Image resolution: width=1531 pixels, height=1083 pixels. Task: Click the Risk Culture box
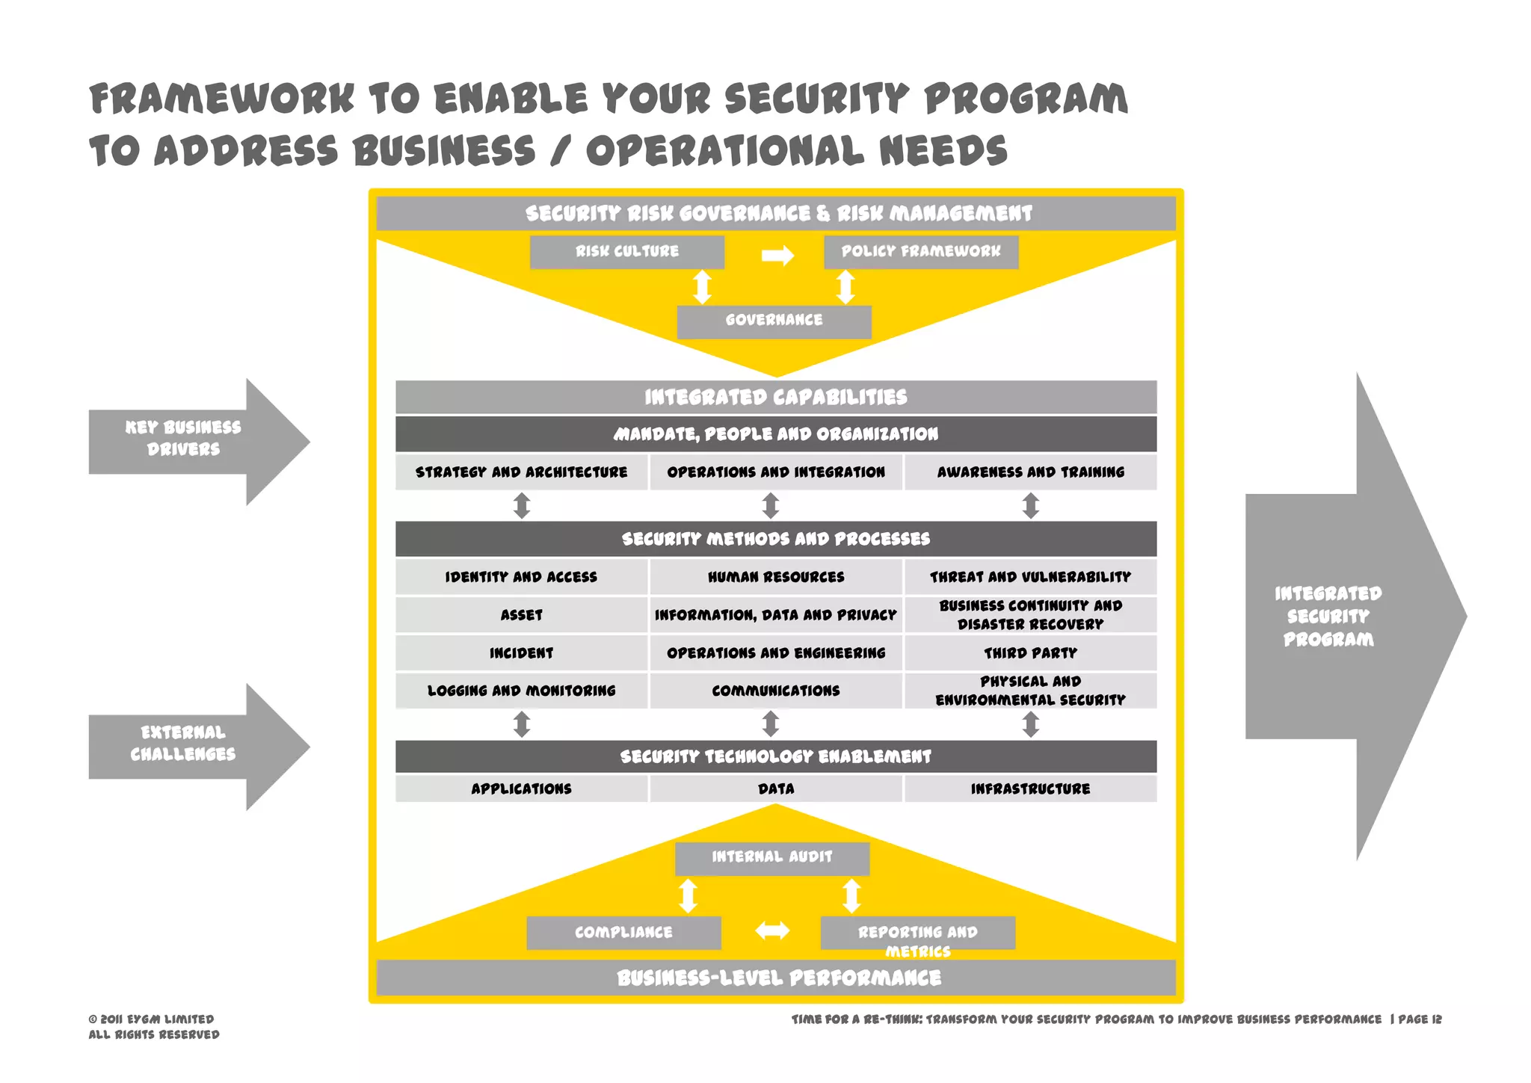(x=626, y=252)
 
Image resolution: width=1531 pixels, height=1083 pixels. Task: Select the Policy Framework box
(x=920, y=252)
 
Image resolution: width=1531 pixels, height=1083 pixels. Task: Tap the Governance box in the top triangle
(x=774, y=321)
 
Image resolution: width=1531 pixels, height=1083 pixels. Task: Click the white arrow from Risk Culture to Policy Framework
(x=777, y=256)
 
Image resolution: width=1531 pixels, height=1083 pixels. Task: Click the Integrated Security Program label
(x=1328, y=617)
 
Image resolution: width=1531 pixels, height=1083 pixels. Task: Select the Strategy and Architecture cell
(x=521, y=472)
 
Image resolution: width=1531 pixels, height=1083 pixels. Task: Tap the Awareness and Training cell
(x=1030, y=472)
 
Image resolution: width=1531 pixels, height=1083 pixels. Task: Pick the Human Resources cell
(x=775, y=577)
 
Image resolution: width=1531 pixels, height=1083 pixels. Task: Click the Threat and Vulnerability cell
(x=1030, y=577)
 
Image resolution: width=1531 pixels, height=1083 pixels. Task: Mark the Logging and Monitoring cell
(x=521, y=691)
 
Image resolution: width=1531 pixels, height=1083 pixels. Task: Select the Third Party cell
(x=1030, y=653)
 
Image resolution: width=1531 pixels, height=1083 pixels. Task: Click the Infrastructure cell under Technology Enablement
(x=1030, y=789)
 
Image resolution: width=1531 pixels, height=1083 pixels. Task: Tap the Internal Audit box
(x=771, y=858)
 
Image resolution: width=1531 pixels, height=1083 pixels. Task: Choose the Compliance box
(x=623, y=933)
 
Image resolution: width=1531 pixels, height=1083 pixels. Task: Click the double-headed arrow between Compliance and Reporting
(x=772, y=931)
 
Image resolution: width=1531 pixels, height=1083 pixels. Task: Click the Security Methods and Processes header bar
(x=775, y=539)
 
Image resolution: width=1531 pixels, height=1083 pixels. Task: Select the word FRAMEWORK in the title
(x=221, y=99)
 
